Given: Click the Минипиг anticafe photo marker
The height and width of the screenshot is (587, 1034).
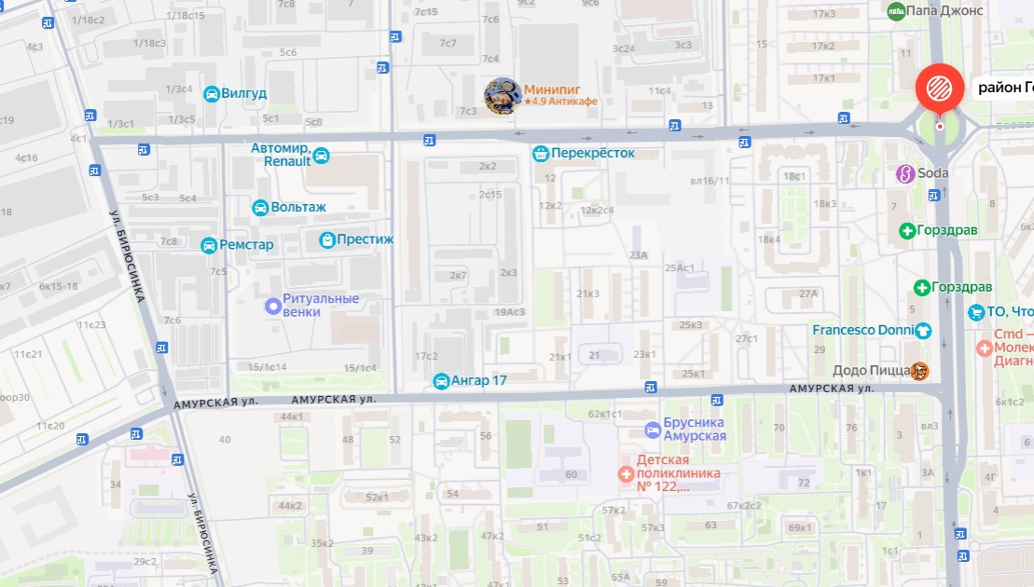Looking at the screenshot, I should coord(502,96).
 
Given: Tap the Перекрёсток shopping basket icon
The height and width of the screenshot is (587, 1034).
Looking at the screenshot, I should coord(540,153).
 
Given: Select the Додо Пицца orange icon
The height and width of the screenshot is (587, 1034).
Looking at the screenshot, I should coord(920,371).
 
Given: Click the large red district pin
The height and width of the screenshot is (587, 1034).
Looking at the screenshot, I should coord(940,89).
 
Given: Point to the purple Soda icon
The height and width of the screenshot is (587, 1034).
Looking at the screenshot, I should coord(903,173).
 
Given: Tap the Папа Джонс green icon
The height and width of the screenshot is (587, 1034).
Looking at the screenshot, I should coord(896,11).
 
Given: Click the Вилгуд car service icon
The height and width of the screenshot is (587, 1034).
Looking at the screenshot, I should coord(212,93).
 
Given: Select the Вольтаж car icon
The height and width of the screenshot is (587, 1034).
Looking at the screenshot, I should coord(260,207).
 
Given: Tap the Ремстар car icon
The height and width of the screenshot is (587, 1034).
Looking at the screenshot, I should coord(209,245).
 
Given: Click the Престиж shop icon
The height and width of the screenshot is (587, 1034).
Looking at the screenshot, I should coord(327,239).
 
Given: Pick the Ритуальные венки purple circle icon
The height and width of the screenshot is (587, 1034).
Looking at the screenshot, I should coord(273,305).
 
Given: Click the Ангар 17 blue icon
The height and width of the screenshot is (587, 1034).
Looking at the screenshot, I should coord(441,381).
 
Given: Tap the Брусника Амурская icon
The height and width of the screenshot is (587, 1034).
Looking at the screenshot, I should coord(653,429).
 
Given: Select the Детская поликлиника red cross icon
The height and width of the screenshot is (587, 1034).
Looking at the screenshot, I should coord(626,473).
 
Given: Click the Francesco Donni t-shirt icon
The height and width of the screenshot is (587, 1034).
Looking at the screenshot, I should coord(923,330).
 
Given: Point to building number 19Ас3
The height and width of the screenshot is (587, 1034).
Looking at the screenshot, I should coord(511,312).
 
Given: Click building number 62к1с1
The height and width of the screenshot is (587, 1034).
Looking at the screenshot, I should coord(605,414).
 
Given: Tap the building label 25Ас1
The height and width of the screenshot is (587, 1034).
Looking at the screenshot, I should coord(680,268).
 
